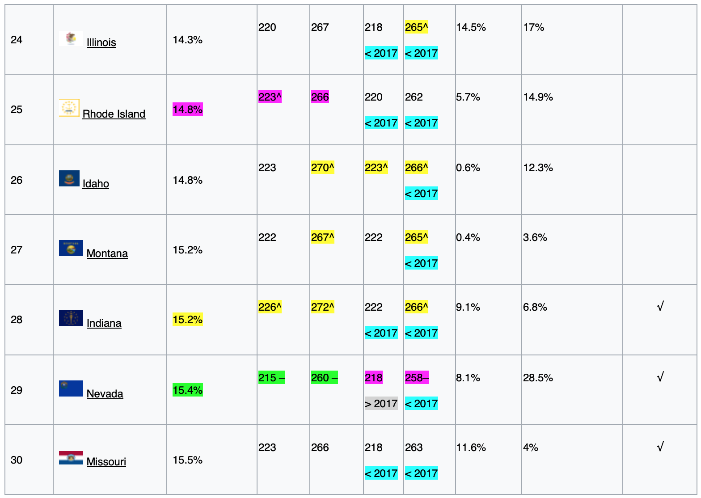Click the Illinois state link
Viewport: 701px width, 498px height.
pos(101,42)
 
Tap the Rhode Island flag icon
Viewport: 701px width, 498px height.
pos(69,108)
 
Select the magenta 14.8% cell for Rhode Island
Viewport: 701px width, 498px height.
pos(188,110)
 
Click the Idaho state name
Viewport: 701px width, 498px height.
pos(96,184)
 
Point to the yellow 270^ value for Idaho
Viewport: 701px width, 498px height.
pos(322,168)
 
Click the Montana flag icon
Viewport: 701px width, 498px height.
pos(71,248)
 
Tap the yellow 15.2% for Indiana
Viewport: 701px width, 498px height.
pos(188,320)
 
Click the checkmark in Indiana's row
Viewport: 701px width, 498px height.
pos(660,307)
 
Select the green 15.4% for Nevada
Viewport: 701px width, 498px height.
pos(188,390)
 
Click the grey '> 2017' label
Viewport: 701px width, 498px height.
pos(381,404)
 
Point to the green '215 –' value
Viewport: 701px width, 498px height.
pos(271,378)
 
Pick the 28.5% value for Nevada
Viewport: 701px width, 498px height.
pos(538,378)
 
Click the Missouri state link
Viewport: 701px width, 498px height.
pos(106,462)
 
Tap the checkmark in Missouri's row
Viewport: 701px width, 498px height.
pos(660,447)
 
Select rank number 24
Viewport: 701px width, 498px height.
pos(17,40)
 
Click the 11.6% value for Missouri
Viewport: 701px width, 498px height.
pos(471,447)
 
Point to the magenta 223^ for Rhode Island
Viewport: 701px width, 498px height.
pos(270,97)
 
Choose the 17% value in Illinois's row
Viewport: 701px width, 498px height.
pos(534,27)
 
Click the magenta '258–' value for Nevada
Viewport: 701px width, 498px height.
pos(417,378)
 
